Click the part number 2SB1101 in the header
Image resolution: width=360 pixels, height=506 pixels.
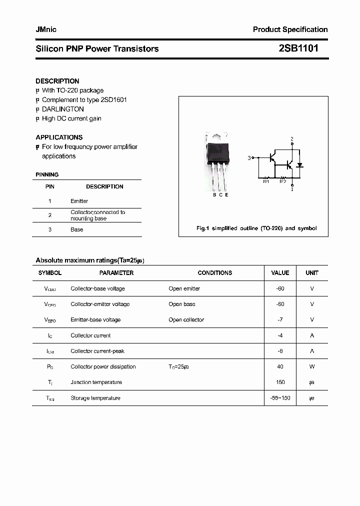click(x=297, y=48)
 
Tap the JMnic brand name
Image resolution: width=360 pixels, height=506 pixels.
click(x=46, y=29)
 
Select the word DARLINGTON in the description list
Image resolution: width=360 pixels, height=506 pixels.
click(x=62, y=109)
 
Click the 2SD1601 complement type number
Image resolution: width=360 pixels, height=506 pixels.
click(x=113, y=99)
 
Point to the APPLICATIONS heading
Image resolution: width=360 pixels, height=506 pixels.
click(x=59, y=137)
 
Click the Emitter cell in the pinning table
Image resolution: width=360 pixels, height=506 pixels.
click(x=79, y=201)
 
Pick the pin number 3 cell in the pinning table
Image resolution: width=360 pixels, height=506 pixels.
click(x=50, y=229)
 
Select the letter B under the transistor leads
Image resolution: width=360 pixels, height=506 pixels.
click(x=214, y=195)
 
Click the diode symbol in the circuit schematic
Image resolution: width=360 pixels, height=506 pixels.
click(x=300, y=165)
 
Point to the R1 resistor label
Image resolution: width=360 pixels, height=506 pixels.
click(x=266, y=181)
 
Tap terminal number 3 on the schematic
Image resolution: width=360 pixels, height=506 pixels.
click(x=249, y=158)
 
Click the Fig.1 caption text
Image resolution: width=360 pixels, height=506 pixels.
click(x=256, y=228)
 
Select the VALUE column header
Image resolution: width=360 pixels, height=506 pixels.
click(x=280, y=273)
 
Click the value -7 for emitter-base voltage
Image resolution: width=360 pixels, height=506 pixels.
click(x=280, y=320)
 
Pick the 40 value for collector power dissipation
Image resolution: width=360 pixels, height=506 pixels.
click(x=280, y=366)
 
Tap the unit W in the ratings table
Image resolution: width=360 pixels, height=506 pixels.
click(x=312, y=366)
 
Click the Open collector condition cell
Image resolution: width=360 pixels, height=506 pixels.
click(x=186, y=320)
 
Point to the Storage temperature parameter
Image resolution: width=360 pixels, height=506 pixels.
click(x=95, y=398)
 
